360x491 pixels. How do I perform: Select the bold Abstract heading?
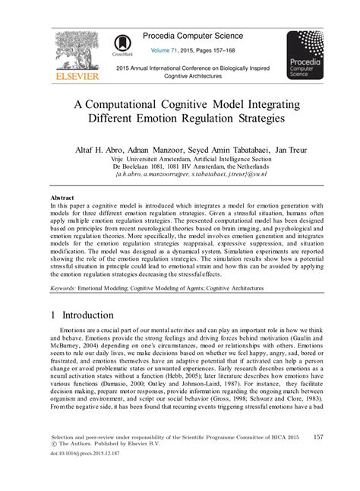click(63, 197)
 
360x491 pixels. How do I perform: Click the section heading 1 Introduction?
click(90, 315)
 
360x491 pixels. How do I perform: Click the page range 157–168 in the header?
click(229, 51)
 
